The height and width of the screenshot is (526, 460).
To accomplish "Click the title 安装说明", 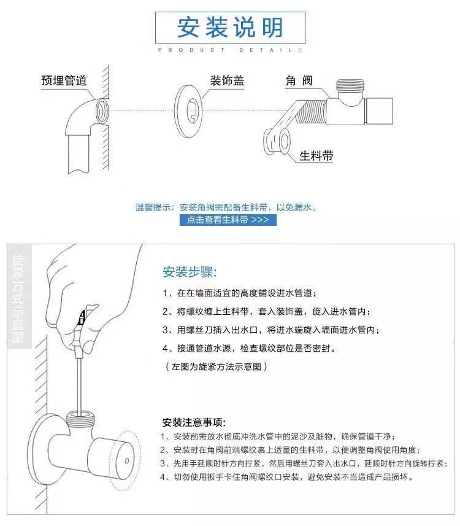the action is (x=230, y=27).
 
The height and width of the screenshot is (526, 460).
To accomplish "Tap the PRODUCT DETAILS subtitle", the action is (x=230, y=50).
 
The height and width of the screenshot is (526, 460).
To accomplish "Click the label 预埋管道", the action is (x=64, y=80).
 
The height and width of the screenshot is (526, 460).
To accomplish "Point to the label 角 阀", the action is (x=299, y=80).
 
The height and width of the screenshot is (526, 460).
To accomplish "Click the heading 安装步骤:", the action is (x=190, y=271).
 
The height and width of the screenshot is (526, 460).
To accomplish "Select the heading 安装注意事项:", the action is (x=194, y=422).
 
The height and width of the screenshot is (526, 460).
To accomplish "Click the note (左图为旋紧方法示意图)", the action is (x=217, y=366).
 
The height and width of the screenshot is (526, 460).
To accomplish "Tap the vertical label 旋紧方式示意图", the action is (x=18, y=298).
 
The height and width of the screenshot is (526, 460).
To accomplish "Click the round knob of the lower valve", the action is (x=126, y=458).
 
